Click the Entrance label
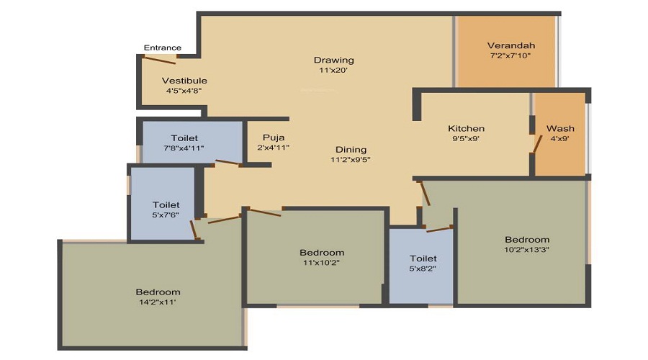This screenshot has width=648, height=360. point(162,48)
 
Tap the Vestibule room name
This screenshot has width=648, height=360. point(184,81)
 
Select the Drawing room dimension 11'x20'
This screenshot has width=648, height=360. point(333,71)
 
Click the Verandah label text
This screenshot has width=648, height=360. point(510,45)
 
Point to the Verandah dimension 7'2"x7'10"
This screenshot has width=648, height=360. point(510,55)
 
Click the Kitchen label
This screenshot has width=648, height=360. point(466,129)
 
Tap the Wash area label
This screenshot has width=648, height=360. point(560,129)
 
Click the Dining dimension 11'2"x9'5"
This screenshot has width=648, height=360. point(350,159)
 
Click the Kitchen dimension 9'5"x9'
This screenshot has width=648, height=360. point(466,139)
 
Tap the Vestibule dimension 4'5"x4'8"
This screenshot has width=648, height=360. point(184,91)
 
